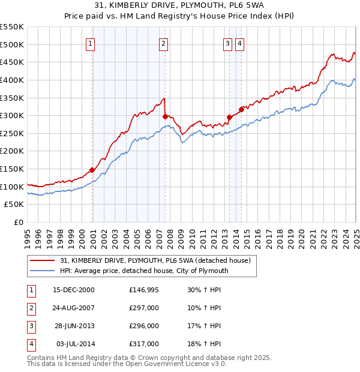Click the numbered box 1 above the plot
coord(90,43)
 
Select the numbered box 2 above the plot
coord(163,43)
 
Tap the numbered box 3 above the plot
coord(228,43)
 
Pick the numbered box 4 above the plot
coord(239,43)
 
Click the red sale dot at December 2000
coord(92,170)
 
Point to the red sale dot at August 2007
coord(165,116)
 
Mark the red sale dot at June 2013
coord(229,117)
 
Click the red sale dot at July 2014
coord(241,109)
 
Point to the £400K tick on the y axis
coord(11,80)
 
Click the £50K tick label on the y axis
coord(14,205)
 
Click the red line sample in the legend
coord(43,260)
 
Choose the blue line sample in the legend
coord(43,271)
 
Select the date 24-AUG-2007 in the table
coord(74,308)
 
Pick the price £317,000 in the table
coord(144,344)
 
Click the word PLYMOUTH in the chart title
coord(163,5)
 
